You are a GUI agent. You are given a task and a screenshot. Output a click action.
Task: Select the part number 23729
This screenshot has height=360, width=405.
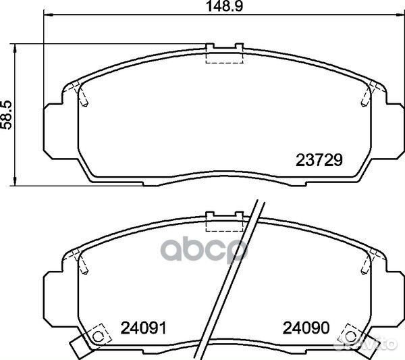pyautogui.click(x=321, y=161)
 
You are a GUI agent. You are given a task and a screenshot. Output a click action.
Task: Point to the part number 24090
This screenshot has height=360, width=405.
pyautogui.click(x=306, y=329)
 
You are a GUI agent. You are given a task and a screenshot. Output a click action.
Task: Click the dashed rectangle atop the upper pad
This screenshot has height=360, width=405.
pyautogui.click(x=224, y=56)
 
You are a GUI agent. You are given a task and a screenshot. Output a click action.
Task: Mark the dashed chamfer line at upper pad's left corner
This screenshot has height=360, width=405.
pyautogui.click(x=82, y=95)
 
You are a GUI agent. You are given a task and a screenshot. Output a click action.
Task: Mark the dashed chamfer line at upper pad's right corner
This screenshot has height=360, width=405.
pyautogui.click(x=367, y=95)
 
